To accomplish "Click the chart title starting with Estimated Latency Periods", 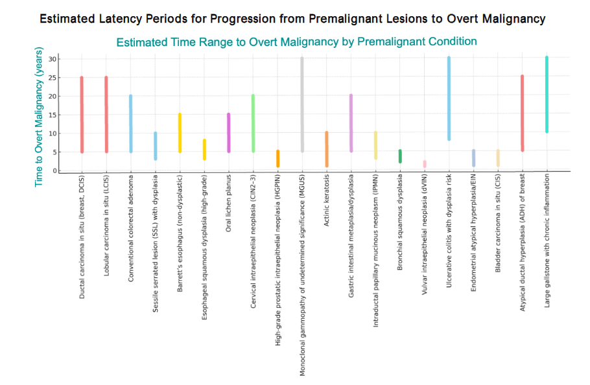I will (292, 18).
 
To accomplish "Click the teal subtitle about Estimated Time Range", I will (296, 41).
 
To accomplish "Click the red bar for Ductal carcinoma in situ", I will (82, 115).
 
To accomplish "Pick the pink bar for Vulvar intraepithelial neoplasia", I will (425, 165).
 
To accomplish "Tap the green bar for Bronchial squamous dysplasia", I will (400, 156).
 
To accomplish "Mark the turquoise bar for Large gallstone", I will (547, 95).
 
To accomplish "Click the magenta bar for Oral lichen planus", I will (228, 133).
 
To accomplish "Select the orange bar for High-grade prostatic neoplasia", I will (277, 159).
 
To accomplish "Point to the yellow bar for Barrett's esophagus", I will (180, 133).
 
